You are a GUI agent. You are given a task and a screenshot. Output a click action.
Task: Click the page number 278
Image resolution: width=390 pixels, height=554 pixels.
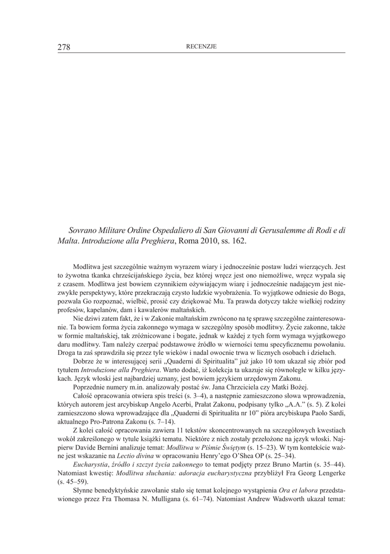click(64, 47)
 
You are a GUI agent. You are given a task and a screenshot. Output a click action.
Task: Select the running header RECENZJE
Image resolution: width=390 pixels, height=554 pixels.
click(201, 47)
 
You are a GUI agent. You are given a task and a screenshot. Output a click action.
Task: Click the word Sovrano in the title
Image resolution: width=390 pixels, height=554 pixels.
click(84, 230)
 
